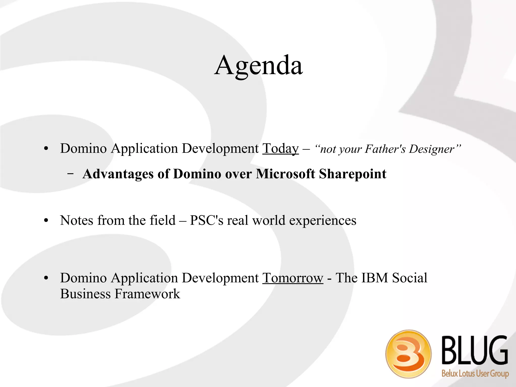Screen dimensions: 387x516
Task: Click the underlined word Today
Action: pos(280,149)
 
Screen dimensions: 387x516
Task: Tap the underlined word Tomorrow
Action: pos(293,278)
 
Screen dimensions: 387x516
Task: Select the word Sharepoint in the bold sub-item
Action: pos(352,174)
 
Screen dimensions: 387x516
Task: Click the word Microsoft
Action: pos(285,174)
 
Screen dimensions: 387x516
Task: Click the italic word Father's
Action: pos(385,149)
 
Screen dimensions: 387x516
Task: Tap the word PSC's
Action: pos(207,221)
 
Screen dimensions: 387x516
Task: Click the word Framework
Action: pos(147,294)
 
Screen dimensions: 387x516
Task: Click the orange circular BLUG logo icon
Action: pos(408,354)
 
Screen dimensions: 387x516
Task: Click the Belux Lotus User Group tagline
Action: pos(475,373)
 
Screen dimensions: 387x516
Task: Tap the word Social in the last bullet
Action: pos(410,278)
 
